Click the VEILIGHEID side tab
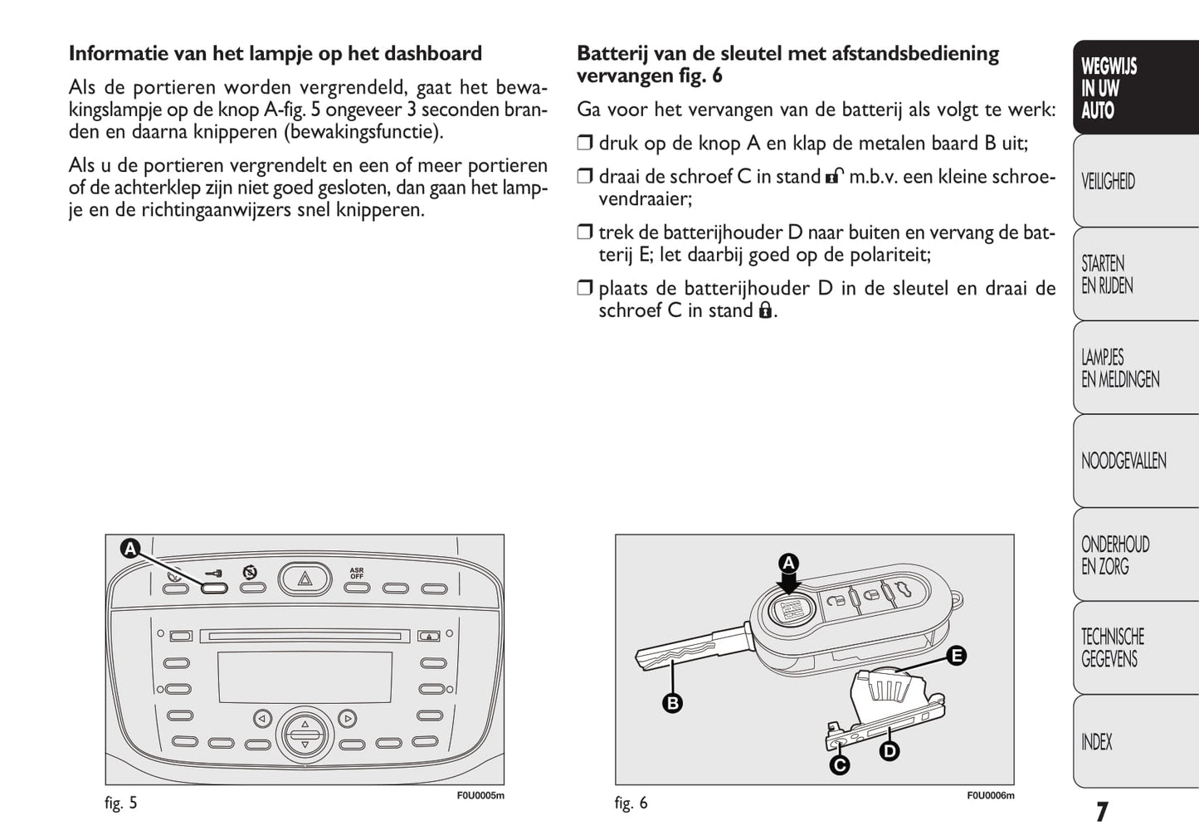click(x=1109, y=181)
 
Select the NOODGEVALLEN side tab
click(x=1123, y=461)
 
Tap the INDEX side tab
click(x=1097, y=742)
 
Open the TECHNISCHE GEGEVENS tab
click(x=1113, y=647)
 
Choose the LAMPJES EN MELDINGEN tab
click(x=1120, y=369)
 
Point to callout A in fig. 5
click(x=130, y=549)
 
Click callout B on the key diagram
click(x=672, y=703)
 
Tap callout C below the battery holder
click(x=840, y=764)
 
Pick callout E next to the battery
click(x=956, y=656)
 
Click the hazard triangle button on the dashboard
click(x=305, y=579)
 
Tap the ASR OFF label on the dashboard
click(x=357, y=573)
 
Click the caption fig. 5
click(x=121, y=803)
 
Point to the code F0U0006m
click(x=990, y=795)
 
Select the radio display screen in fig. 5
click(x=305, y=676)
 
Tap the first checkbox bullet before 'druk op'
click(x=585, y=144)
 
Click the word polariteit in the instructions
click(x=883, y=255)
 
